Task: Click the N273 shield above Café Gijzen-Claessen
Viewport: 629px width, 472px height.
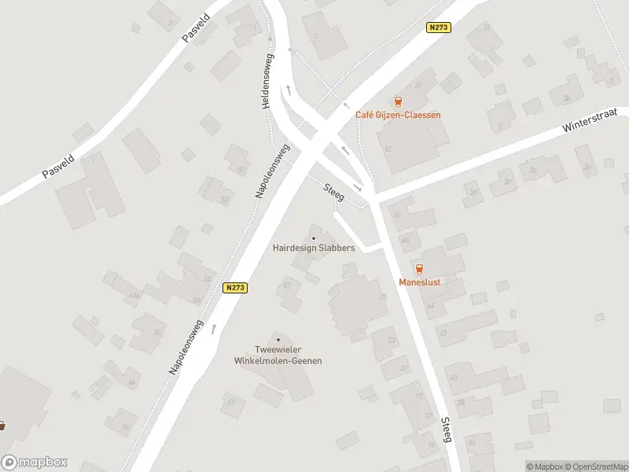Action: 438,28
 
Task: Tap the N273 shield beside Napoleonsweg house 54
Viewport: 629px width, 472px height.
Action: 235,288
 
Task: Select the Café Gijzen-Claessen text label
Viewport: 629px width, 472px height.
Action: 398,115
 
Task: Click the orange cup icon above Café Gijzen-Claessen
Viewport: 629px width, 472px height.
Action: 398,101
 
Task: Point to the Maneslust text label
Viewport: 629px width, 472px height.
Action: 419,281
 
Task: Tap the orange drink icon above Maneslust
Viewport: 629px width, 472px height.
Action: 419,268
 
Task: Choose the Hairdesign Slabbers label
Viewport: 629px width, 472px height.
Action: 314,248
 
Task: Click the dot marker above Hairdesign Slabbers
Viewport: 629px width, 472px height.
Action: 314,238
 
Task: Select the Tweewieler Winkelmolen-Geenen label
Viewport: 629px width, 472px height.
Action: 278,355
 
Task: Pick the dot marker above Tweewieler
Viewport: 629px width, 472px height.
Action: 278,339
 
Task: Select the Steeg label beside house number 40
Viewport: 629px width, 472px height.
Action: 447,429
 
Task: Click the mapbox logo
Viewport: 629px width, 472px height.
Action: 35,463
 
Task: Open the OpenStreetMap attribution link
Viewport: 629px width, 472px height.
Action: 596,466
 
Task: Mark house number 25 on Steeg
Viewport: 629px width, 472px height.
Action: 383,297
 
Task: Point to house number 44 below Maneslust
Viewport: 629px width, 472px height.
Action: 430,305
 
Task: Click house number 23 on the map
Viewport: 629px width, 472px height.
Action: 392,340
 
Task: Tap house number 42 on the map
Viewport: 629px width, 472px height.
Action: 443,333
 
